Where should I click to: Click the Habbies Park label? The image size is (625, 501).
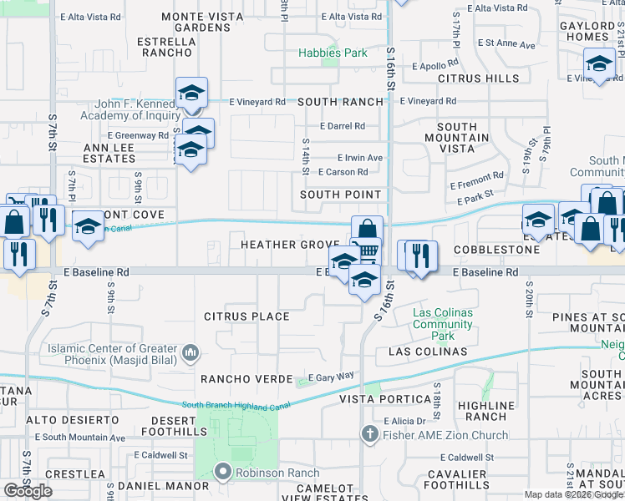click(333, 53)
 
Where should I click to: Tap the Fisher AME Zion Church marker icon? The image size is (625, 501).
click(370, 434)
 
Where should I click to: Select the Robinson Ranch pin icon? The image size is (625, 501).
click(222, 472)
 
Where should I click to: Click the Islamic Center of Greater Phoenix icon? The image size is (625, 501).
click(191, 354)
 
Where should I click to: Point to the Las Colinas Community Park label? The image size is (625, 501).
click(443, 324)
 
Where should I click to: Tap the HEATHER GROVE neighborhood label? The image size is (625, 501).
click(290, 245)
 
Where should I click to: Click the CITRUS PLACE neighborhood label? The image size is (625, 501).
click(246, 316)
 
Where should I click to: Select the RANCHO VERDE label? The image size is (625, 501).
click(237, 378)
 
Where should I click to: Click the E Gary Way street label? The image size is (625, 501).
click(332, 377)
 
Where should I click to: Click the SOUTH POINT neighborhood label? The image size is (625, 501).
click(341, 195)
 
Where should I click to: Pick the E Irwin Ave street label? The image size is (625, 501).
click(359, 157)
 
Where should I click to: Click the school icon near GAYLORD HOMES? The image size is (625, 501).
click(599, 63)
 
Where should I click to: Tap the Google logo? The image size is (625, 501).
click(28, 490)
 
